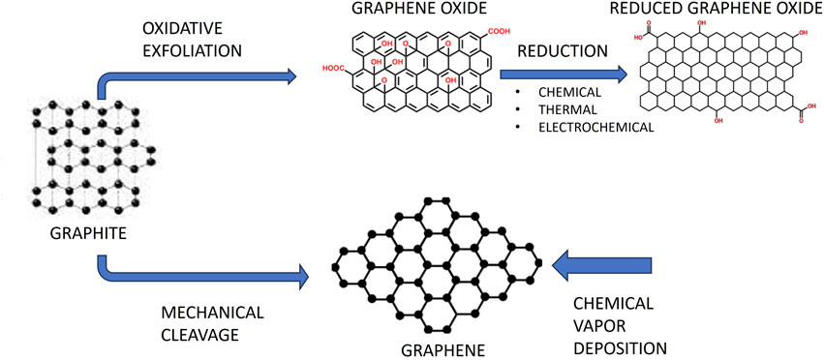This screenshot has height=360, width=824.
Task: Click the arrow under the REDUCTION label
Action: click(x=562, y=73)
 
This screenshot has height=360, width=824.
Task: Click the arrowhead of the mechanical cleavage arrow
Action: click(x=300, y=276)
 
